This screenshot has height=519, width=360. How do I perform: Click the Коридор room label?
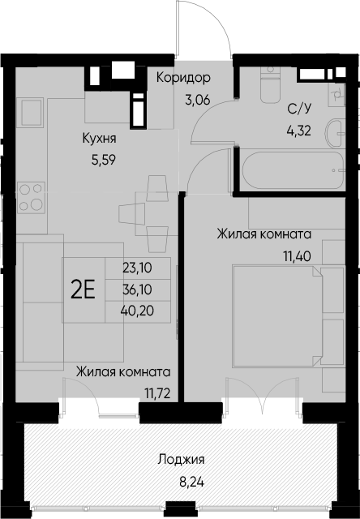[183, 78]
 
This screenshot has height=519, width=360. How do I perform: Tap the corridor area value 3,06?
[198, 99]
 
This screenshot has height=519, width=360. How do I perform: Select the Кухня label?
[99, 139]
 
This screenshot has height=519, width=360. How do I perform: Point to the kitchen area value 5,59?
[104, 161]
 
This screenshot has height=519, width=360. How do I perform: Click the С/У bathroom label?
[300, 109]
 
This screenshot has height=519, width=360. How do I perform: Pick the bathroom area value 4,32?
[299, 131]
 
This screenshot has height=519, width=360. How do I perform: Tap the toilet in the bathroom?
[270, 84]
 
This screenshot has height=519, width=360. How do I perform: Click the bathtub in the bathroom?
[294, 170]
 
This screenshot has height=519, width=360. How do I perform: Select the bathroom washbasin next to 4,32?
[336, 133]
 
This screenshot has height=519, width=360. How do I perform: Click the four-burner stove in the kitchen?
[31, 197]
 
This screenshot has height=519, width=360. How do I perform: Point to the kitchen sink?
[32, 112]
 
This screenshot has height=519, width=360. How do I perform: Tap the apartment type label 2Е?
[83, 289]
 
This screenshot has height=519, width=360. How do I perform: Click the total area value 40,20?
[138, 311]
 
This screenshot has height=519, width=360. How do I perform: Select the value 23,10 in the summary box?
[137, 268]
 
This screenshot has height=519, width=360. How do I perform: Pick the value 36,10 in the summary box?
[137, 290]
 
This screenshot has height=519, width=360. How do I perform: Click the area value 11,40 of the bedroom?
[297, 256]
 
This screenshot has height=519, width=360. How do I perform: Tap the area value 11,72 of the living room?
[157, 394]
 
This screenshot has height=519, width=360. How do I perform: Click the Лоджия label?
[181, 460]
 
